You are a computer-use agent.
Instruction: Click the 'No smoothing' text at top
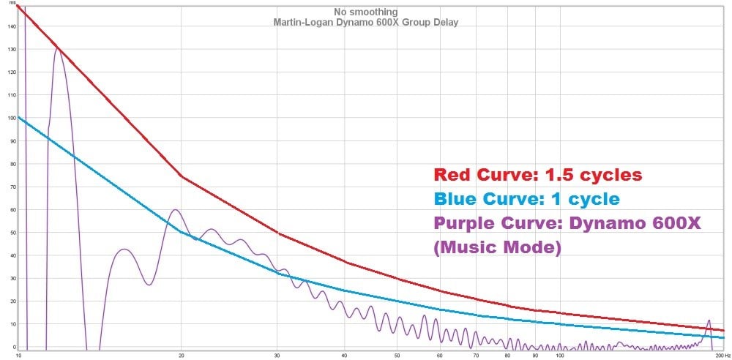tap(365, 12)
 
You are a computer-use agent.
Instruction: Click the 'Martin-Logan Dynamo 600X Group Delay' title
tap(365, 23)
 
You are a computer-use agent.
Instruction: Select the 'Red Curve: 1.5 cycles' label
tap(537, 175)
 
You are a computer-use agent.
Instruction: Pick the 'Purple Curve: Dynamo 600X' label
tap(567, 222)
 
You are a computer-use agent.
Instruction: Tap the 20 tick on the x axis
tap(182, 356)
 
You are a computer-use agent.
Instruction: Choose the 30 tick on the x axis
tap(277, 356)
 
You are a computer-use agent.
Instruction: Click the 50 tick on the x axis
tap(397, 356)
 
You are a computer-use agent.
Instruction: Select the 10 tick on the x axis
tap(18, 356)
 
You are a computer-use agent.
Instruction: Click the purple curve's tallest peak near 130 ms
tap(58, 49)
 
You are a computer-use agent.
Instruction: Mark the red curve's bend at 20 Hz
tap(182, 176)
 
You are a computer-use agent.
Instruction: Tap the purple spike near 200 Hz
tap(709, 321)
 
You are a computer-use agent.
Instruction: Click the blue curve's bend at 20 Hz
tap(182, 231)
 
